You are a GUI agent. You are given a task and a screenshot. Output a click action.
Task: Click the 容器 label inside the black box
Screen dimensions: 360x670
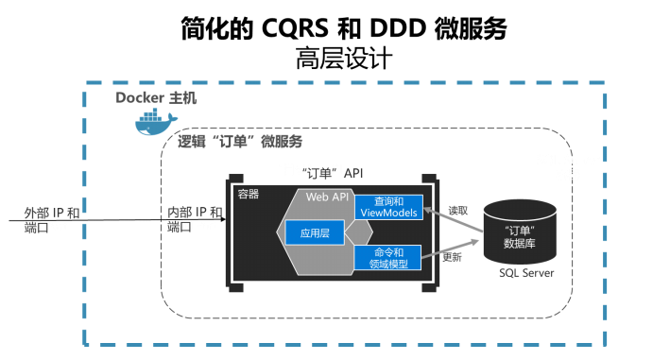pyautogui.click(x=249, y=194)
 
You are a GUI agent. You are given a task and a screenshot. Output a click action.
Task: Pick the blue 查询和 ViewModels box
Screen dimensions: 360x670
pyautogui.click(x=388, y=208)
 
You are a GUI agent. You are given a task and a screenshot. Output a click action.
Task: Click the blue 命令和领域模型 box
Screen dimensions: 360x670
pyautogui.click(x=388, y=258)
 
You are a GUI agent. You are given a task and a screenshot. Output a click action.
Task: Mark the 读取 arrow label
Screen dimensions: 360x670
pyautogui.click(x=457, y=210)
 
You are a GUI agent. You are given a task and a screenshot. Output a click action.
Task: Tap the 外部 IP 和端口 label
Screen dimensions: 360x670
pyautogui.click(x=51, y=220)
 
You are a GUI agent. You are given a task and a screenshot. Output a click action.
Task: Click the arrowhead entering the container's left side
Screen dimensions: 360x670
pyautogui.click(x=222, y=220)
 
